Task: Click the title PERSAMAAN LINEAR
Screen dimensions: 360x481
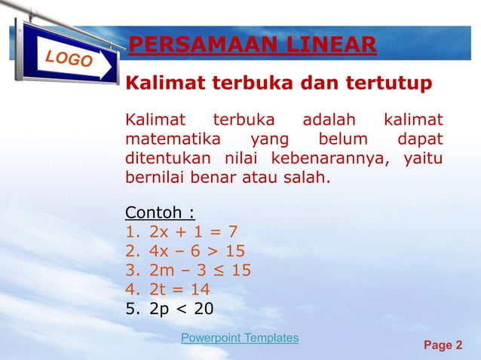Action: [252, 46]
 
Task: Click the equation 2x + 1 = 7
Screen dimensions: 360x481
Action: [195, 230]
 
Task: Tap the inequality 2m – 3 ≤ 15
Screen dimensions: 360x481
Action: [201, 270]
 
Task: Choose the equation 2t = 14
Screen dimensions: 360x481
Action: [180, 289]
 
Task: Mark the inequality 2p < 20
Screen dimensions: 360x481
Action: [182, 309]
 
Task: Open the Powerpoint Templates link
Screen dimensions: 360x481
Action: [240, 338]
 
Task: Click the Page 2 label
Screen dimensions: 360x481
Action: [444, 346]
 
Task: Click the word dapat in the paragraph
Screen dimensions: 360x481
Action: [421, 139]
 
